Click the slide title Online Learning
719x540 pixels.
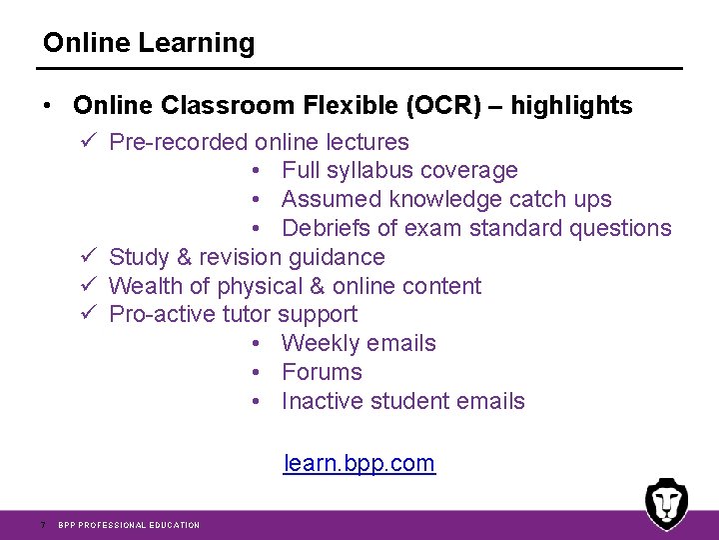point(149,43)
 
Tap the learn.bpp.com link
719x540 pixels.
point(359,463)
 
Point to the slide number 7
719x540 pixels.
point(42,525)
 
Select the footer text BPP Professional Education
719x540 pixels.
point(129,525)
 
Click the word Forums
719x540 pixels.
point(322,372)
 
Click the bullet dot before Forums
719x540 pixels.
point(258,372)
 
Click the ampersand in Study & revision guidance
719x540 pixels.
point(186,257)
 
